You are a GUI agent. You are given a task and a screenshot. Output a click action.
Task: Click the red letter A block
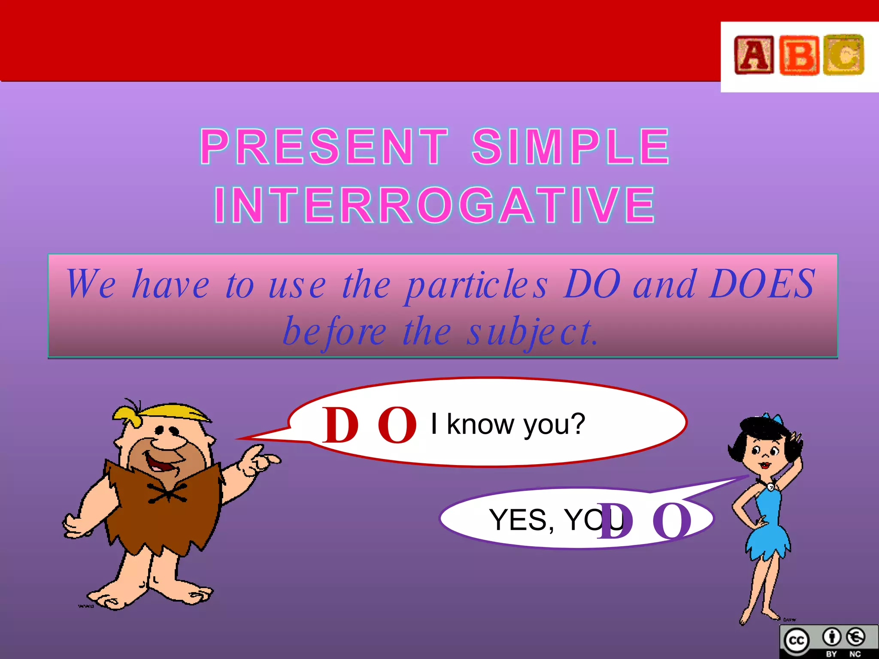tap(754, 55)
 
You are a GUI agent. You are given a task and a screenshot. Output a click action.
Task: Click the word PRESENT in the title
tap(324, 147)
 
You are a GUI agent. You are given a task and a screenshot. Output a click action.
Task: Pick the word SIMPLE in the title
tap(571, 147)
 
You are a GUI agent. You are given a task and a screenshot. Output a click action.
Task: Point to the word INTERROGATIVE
tap(435, 205)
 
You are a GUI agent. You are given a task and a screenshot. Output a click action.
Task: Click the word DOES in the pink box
tap(762, 284)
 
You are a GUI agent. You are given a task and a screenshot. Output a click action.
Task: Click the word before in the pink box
tap(335, 333)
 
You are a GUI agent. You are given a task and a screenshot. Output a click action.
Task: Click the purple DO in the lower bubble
tap(644, 521)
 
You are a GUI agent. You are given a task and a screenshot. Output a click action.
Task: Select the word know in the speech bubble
tap(481, 425)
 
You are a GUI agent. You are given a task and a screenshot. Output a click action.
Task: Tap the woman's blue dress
tap(768, 523)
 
